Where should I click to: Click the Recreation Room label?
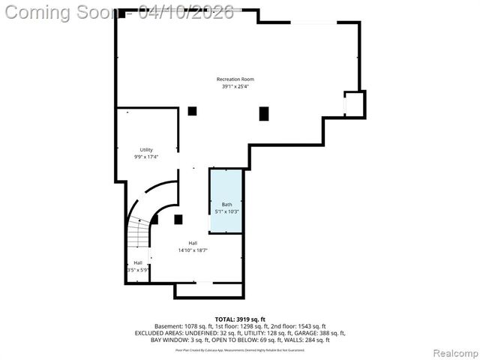pos(235,79)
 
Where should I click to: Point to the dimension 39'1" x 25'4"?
pos(235,87)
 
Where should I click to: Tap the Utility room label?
pos(146,150)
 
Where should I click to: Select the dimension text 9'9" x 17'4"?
pos(146,157)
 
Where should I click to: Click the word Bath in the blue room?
pos(226,205)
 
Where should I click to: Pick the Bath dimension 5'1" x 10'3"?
pos(226,211)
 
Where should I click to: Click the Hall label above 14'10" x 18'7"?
pos(193,243)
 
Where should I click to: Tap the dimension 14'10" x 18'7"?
pos(193,250)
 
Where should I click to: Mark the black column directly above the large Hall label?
pos(178,220)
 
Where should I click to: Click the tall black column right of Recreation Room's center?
pos(264,114)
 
